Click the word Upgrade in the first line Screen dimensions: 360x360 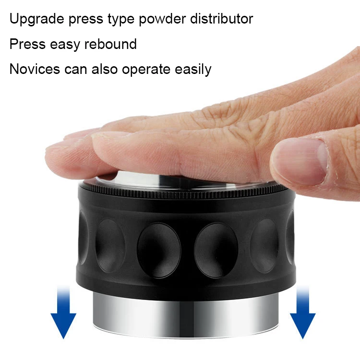coord(37,19)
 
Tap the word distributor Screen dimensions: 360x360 coord(222,18)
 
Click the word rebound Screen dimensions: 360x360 coord(110,44)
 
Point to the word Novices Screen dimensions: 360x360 coord(35,69)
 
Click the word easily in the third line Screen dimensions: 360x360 coord(193,69)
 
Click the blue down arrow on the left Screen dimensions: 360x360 coord(63,312)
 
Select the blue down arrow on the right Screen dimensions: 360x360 coord(302,312)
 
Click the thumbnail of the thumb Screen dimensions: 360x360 coord(318,161)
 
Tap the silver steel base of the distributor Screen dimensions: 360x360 coord(186,316)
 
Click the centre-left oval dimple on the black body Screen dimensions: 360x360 coord(159,250)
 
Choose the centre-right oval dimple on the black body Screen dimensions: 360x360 coord(216,250)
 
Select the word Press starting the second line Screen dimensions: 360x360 coord(27,44)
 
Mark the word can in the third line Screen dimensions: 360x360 coord(76,70)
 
